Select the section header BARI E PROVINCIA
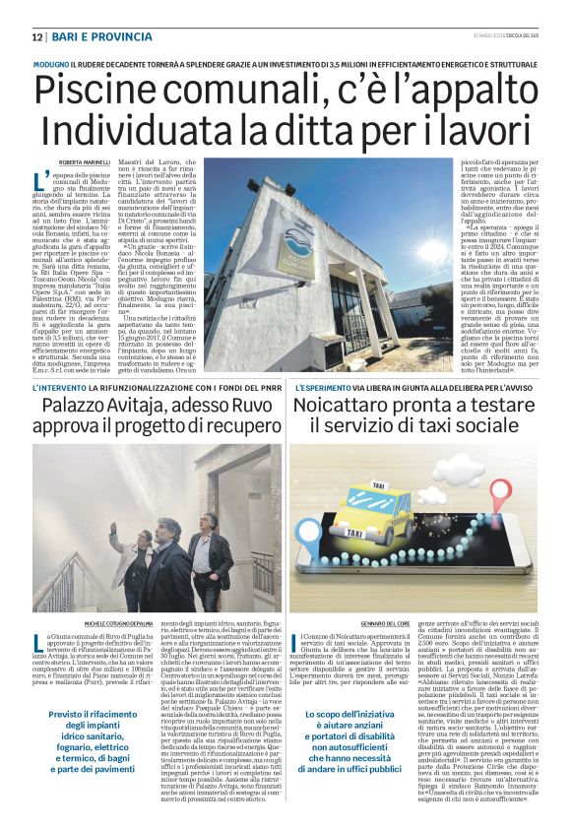point(89,37)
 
